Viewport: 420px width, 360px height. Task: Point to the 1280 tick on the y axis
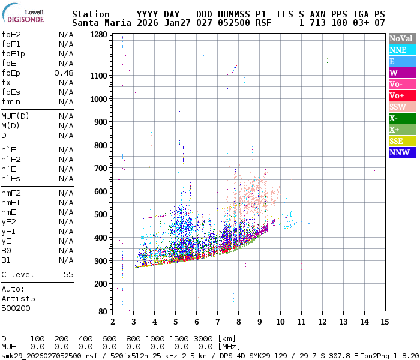[99, 34]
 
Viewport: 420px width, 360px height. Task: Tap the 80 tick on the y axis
[103, 311]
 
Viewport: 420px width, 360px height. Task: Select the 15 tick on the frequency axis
[384, 322]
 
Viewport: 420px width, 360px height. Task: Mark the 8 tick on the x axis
[238, 322]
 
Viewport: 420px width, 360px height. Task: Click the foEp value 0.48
[64, 73]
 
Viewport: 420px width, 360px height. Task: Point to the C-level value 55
[68, 274]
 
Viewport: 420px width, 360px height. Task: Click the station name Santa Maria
[100, 23]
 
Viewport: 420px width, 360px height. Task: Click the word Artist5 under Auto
[18, 298]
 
